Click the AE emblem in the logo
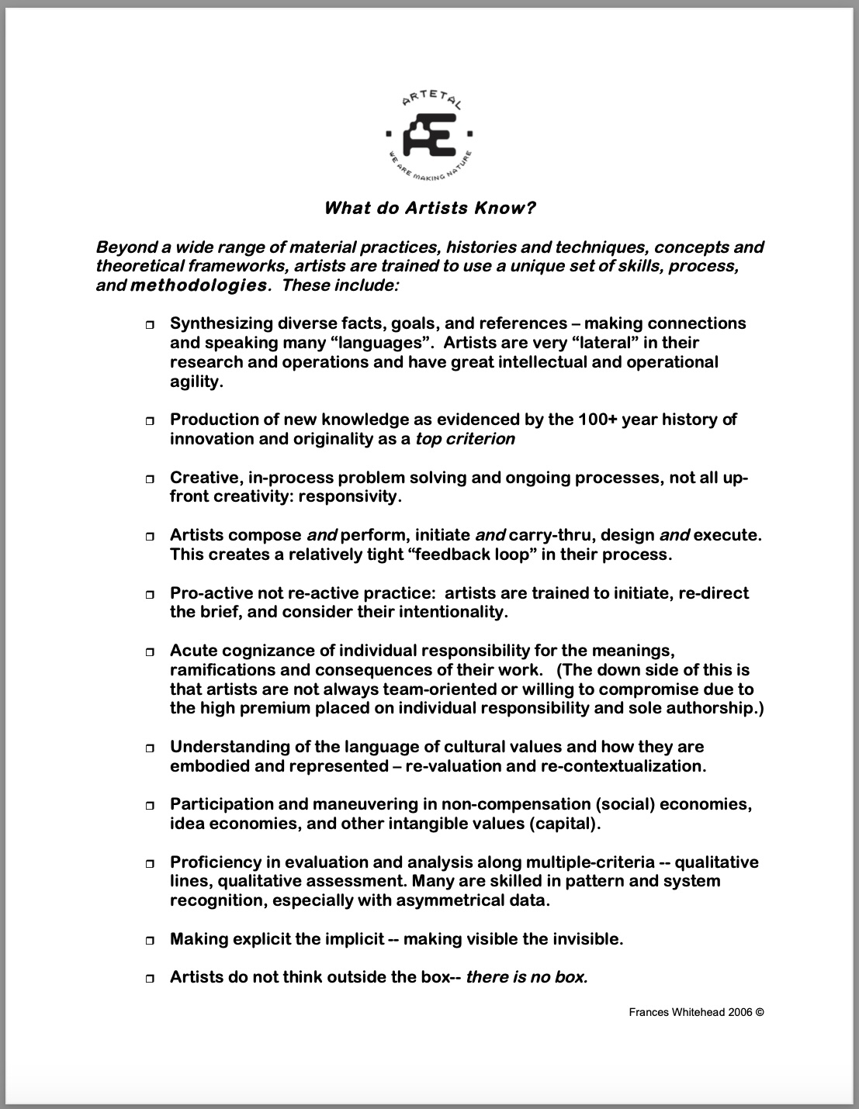point(430,135)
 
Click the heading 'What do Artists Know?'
point(430,208)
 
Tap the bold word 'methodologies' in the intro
point(199,285)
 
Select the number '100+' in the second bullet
point(597,420)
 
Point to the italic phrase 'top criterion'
point(465,439)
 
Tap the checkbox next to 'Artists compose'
point(150,537)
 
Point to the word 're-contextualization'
point(625,766)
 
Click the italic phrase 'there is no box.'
point(526,977)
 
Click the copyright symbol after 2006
point(760,1012)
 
